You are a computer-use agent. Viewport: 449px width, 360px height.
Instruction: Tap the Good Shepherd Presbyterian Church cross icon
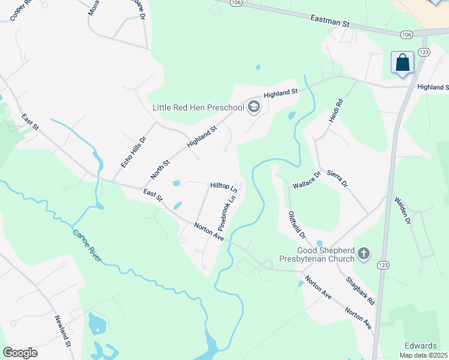[363, 254]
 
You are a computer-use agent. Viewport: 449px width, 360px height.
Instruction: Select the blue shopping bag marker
[402, 63]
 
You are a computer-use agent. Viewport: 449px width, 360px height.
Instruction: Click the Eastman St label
[330, 23]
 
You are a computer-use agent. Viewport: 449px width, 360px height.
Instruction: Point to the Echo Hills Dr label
[133, 152]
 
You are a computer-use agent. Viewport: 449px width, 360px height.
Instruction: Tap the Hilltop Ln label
[223, 187]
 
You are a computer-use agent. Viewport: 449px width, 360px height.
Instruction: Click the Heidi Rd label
[335, 111]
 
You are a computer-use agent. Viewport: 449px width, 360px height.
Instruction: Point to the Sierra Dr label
[337, 179]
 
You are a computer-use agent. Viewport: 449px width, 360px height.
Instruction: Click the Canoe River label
[87, 246]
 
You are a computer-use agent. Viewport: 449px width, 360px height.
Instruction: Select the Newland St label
[63, 331]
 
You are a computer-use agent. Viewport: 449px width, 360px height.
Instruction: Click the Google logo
[20, 353]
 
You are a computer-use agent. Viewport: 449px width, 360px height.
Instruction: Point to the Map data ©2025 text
[424, 355]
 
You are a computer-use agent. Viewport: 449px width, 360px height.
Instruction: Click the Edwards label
[420, 346]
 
